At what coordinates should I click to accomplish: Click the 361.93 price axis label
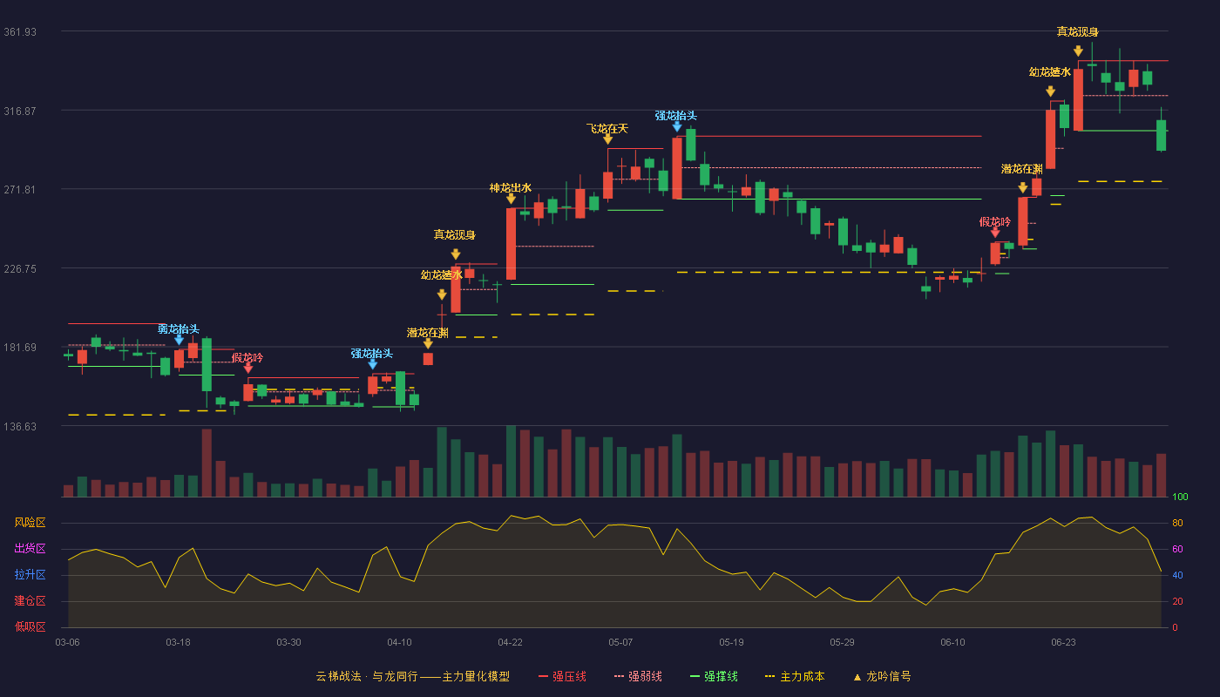point(20,32)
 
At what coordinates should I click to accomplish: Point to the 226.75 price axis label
point(20,269)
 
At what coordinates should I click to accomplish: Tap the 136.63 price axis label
point(20,426)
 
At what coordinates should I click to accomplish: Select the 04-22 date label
point(510,643)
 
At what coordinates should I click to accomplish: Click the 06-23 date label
point(1063,643)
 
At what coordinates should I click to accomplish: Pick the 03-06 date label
point(68,643)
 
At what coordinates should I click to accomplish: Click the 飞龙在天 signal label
point(607,129)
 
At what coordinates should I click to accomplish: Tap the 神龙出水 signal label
point(511,188)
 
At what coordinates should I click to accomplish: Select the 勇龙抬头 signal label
point(179,329)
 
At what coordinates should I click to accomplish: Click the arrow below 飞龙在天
point(608,139)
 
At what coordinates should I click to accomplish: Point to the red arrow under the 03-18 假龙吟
point(248,369)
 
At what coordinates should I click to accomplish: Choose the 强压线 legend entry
point(562,676)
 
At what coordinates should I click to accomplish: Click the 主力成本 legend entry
point(795,676)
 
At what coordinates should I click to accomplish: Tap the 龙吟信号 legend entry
point(882,676)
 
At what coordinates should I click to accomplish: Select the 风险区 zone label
point(30,522)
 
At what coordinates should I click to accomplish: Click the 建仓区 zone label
point(30,600)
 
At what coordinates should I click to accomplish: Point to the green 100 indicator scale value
point(1180,497)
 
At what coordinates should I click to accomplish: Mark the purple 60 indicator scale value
point(1177,549)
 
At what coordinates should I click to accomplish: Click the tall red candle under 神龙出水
point(511,244)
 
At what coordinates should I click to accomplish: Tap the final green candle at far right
point(1161,135)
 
